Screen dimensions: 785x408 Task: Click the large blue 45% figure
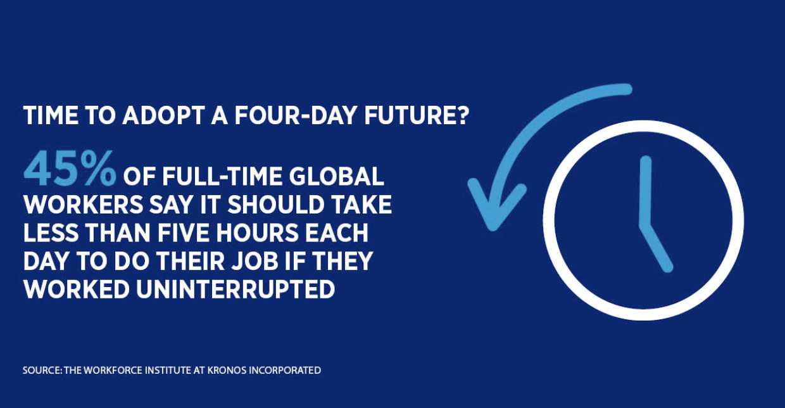click(x=70, y=169)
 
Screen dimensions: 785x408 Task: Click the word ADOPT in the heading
click(x=163, y=115)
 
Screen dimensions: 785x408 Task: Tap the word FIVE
click(x=183, y=233)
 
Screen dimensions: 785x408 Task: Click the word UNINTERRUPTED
click(x=235, y=290)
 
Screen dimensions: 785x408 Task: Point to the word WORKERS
click(x=84, y=205)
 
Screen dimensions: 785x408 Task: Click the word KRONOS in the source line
click(x=226, y=371)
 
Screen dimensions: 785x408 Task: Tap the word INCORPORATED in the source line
click(x=285, y=371)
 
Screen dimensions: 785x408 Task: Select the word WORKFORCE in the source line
click(x=113, y=371)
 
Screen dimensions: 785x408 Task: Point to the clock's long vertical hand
click(x=646, y=192)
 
